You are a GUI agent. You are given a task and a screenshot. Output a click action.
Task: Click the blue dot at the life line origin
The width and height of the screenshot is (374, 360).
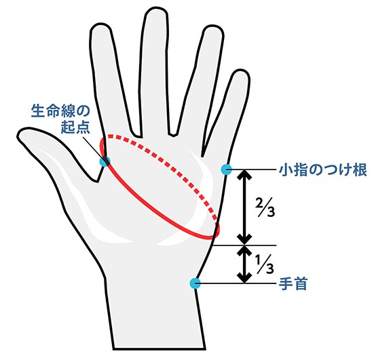[105, 161]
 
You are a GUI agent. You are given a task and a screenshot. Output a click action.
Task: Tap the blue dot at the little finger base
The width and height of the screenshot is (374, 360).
[226, 169]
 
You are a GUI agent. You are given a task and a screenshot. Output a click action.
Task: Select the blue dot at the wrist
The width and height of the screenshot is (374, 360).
[195, 283]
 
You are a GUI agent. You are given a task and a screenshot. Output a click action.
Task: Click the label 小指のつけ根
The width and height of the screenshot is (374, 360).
[322, 169]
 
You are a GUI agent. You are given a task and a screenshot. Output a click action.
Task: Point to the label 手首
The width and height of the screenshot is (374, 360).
[293, 283]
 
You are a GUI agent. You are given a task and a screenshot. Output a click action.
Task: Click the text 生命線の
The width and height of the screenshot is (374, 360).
[60, 111]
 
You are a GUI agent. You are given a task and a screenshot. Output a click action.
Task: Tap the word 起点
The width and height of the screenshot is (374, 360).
[75, 127]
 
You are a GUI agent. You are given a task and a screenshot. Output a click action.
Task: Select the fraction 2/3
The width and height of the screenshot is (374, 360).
[265, 207]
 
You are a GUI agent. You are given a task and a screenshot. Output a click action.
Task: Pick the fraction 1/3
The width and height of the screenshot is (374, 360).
[264, 264]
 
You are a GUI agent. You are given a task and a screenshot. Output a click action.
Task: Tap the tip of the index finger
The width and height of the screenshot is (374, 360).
[101, 24]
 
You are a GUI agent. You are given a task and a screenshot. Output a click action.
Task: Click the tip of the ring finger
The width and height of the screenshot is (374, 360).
[214, 26]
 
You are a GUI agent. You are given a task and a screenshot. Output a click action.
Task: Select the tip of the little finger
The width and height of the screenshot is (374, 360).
[242, 70]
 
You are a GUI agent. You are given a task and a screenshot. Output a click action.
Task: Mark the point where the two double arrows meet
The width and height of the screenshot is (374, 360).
[244, 245]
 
